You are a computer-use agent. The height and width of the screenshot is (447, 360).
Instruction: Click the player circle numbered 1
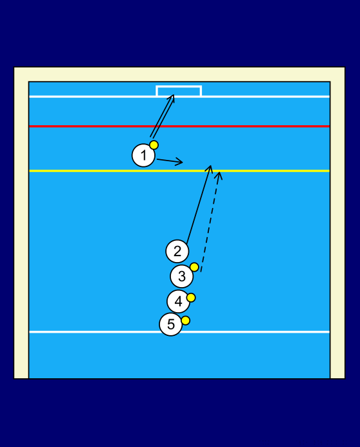pyautogui.click(x=143, y=155)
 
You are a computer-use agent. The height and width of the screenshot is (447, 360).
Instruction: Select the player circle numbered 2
pyautogui.click(x=177, y=251)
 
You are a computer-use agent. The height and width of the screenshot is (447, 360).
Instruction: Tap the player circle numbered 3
pyautogui.click(x=182, y=276)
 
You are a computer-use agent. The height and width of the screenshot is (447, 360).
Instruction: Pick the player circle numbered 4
pyautogui.click(x=178, y=301)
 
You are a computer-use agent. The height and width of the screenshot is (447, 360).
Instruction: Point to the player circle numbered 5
pyautogui.click(x=171, y=324)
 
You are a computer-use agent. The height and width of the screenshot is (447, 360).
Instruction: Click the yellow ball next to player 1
pyautogui.click(x=154, y=145)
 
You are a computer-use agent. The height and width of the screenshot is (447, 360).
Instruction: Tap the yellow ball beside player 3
pyautogui.click(x=194, y=267)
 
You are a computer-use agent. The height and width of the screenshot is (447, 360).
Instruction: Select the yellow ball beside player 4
pyautogui.click(x=191, y=297)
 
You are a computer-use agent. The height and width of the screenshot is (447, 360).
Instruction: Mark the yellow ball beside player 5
pyautogui.click(x=185, y=320)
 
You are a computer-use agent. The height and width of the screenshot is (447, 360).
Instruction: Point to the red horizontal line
pyautogui.click(x=179, y=126)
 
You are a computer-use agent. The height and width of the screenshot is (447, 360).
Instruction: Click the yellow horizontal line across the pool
pyautogui.click(x=179, y=171)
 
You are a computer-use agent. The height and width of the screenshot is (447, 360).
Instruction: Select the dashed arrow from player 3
pyautogui.click(x=210, y=222)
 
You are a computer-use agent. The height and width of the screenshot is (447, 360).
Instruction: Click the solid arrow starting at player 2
pyautogui.click(x=199, y=204)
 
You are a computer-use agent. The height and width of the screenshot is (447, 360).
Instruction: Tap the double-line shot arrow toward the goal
pyautogui.click(x=162, y=116)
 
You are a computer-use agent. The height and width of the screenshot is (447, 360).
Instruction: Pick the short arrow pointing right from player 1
pyautogui.click(x=170, y=161)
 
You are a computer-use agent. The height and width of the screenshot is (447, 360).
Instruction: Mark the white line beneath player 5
pyautogui.click(x=179, y=332)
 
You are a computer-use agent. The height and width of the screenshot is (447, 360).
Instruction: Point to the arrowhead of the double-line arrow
pyautogui.click(x=172, y=97)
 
